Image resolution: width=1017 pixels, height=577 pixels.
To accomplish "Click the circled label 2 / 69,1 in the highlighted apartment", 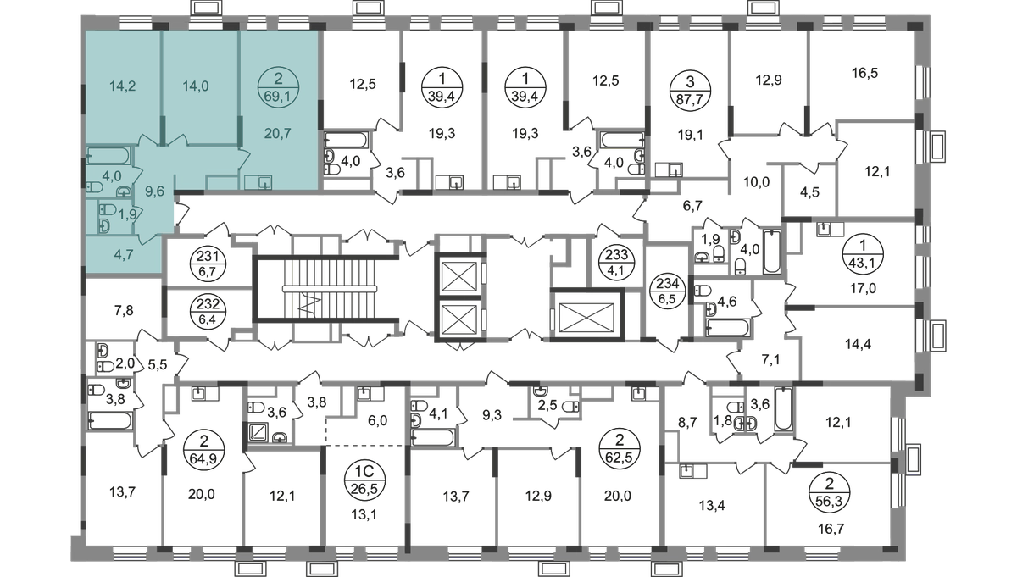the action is coord(278,87).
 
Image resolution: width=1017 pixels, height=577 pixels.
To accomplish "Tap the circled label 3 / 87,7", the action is coord(690,90).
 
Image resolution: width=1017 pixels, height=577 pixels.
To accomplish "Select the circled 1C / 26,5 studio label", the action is coord(365,480).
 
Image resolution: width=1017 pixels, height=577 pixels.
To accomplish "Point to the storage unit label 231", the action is coord(208,264).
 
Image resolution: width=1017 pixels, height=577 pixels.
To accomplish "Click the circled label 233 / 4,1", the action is coord(617,262).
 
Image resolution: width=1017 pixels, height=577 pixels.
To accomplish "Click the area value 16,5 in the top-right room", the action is coord(865,73).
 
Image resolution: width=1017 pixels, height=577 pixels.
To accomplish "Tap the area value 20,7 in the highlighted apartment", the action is coord(277,134).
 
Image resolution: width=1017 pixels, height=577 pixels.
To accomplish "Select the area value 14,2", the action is coord(123,86).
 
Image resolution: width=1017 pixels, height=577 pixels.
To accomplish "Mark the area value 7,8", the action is coord(124,311).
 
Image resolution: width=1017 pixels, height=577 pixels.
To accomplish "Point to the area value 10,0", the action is coord(756,182).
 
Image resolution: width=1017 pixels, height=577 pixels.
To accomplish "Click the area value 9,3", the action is coord(492,415).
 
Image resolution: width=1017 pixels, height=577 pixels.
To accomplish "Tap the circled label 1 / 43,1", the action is coord(863,254).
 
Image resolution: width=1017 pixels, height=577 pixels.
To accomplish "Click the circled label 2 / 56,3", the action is coord(830,491).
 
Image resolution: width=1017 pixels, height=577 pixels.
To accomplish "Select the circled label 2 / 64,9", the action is coord(204,448).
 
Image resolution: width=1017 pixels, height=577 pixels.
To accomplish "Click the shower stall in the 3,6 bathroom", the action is coord(259,432).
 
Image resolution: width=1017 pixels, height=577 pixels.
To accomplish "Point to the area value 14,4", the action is coord(858,345).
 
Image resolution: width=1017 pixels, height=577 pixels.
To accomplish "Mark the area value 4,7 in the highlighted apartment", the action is coord(124,255).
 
